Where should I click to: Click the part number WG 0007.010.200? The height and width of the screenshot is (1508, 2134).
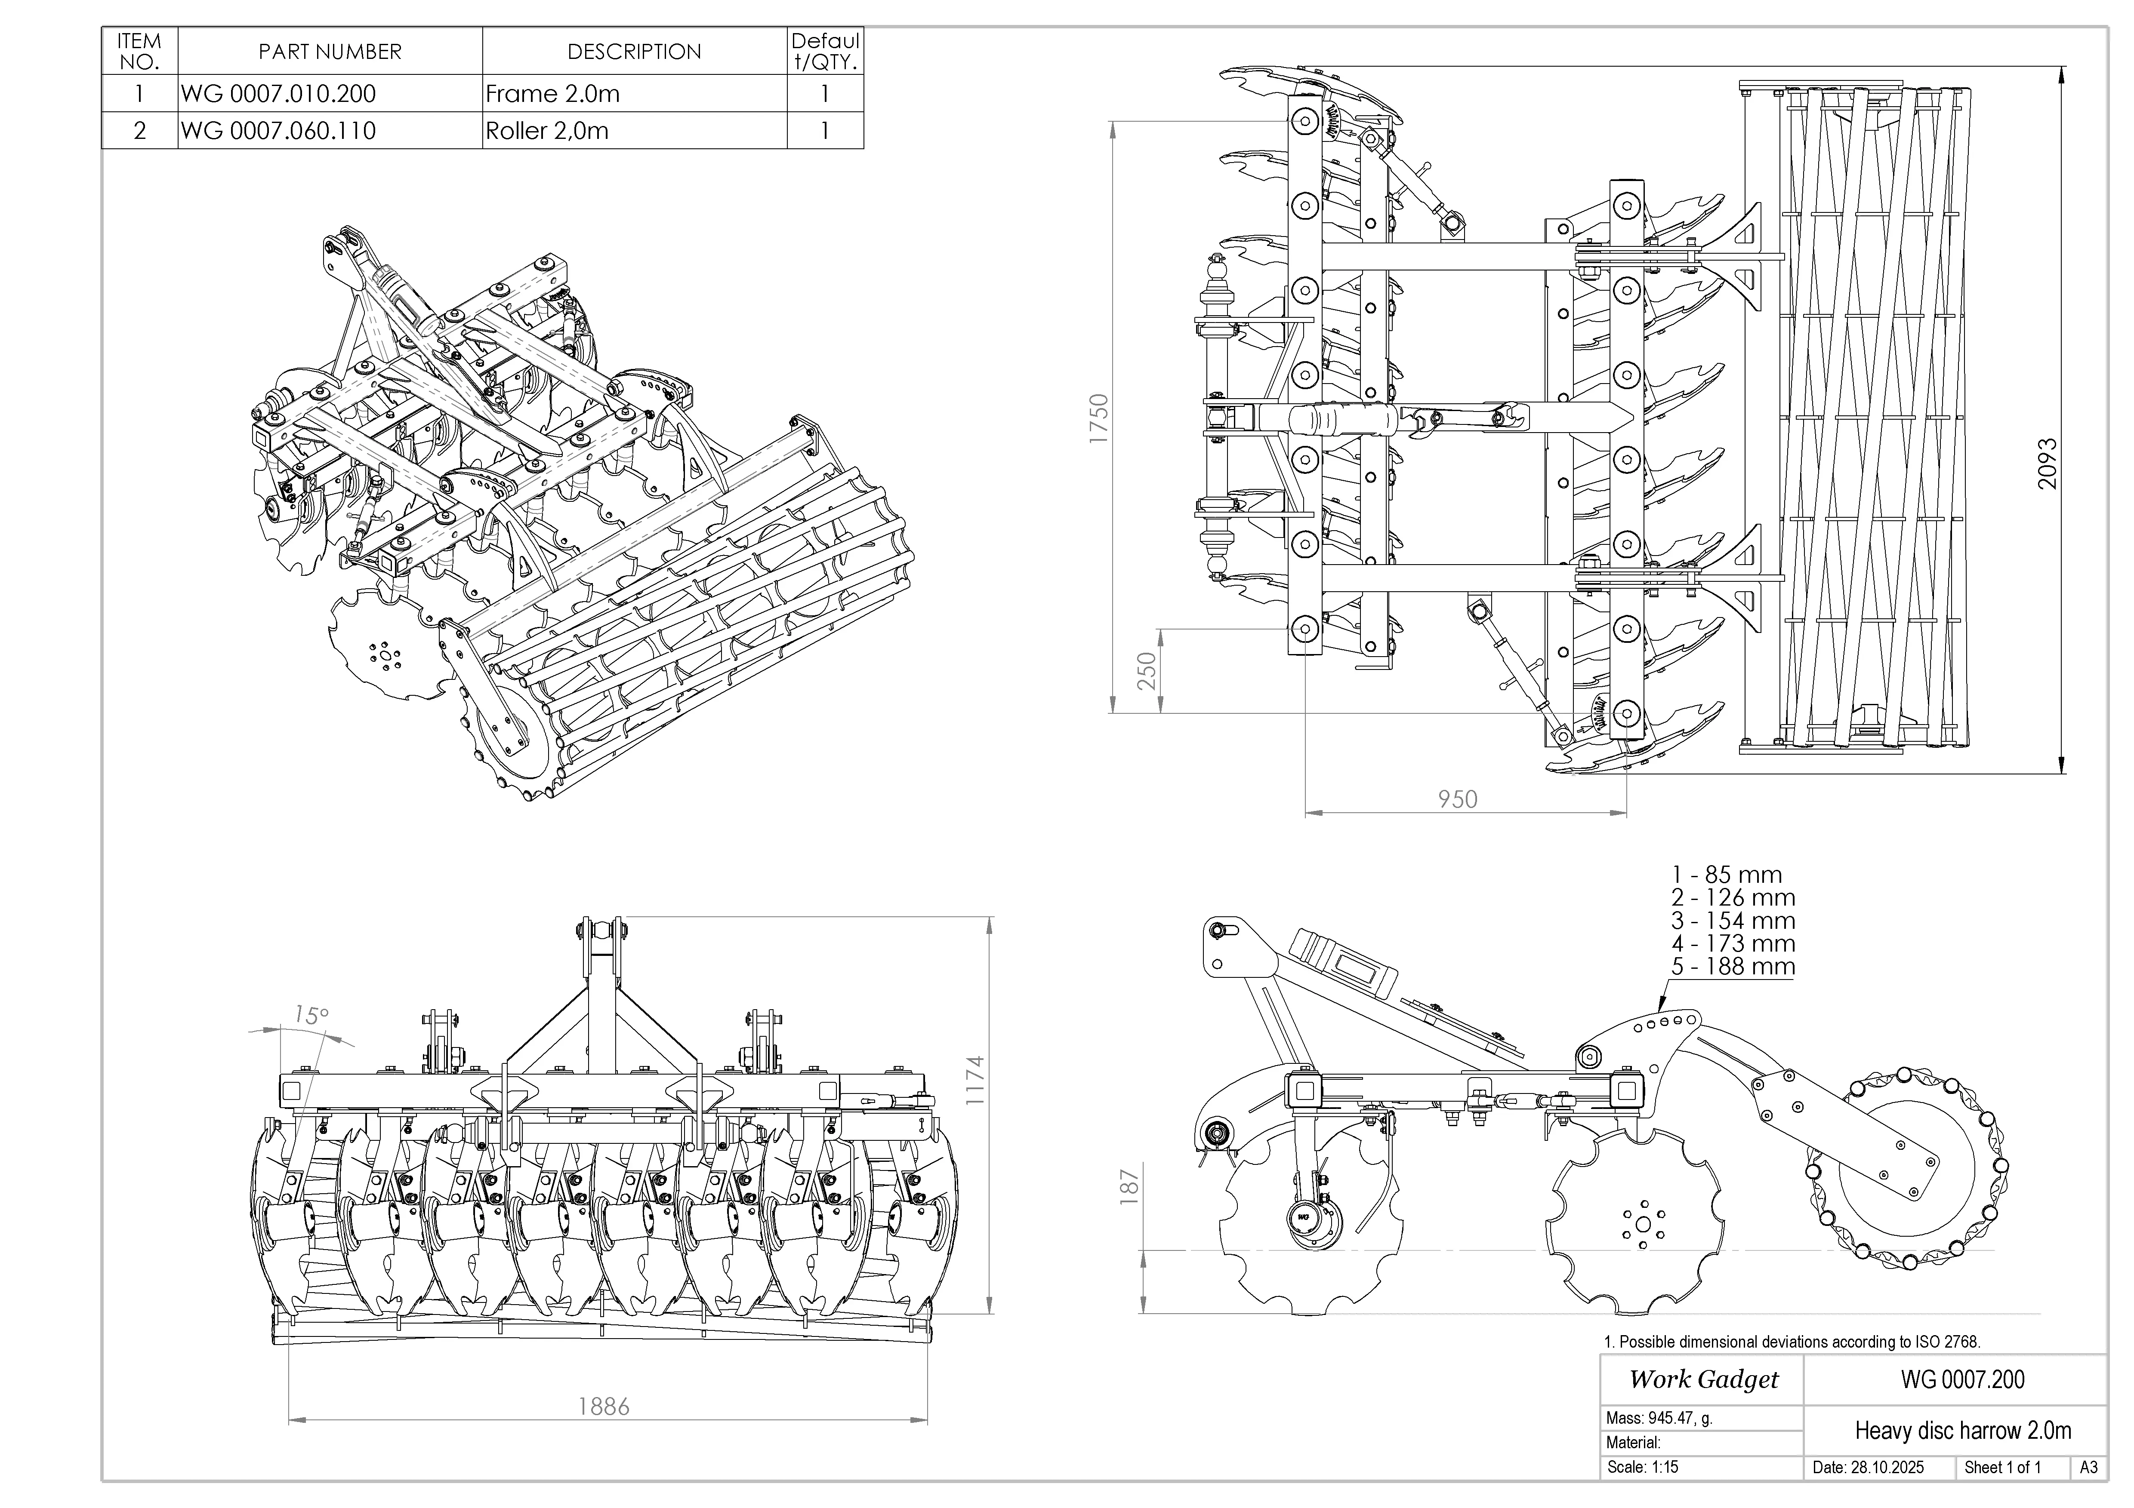[279, 94]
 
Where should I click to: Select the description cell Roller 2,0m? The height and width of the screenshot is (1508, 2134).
[547, 131]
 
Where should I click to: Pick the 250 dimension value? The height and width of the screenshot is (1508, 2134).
[1148, 671]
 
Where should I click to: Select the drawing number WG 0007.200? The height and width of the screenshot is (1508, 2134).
[1962, 1380]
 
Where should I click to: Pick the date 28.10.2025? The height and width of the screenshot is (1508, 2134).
[1868, 1468]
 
